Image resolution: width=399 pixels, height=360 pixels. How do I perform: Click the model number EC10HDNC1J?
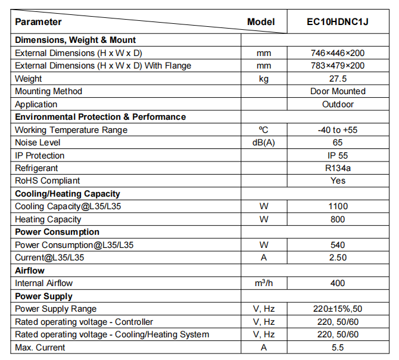tap(337, 22)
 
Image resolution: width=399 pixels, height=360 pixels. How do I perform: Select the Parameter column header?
tap(38, 22)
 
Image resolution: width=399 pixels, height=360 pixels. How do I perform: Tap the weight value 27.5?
tap(337, 79)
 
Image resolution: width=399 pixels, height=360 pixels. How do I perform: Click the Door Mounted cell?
tap(338, 91)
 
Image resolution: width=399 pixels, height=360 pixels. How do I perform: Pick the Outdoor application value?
tap(338, 104)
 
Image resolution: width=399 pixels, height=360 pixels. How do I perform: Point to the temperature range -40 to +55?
tap(338, 130)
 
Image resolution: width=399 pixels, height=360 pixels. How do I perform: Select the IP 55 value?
tap(338, 156)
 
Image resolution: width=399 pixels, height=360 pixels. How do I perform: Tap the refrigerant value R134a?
tap(338, 168)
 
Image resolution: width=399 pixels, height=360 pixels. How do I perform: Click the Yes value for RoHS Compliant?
tap(338, 181)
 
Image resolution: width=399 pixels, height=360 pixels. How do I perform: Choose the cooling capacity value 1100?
tap(338, 206)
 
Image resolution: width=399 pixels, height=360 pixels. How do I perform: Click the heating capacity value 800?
tap(338, 219)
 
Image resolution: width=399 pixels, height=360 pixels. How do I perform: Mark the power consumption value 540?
tap(338, 245)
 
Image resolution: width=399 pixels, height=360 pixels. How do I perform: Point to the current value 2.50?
tap(338, 257)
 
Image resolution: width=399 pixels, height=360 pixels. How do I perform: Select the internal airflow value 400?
tap(338, 283)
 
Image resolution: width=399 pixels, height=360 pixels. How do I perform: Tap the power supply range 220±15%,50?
tap(338, 309)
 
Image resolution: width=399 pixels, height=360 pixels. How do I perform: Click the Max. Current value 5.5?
tap(338, 347)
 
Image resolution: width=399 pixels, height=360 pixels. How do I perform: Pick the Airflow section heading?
tap(30, 271)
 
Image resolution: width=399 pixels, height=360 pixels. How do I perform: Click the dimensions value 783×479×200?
tap(338, 66)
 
